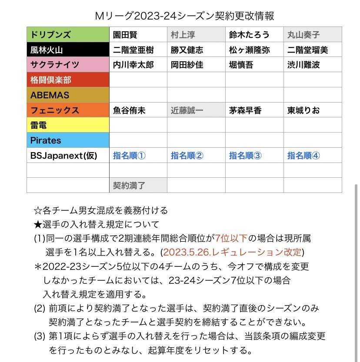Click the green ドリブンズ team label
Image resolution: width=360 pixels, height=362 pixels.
pos(67,35)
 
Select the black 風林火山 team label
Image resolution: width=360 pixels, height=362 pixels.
pos(67,50)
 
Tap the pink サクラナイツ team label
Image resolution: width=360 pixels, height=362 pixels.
pos(67,65)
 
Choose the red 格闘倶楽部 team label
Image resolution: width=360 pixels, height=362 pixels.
pos(67,80)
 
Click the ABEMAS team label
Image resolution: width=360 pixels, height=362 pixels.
pos(67,95)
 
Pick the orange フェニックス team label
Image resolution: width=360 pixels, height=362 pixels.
pos(67,110)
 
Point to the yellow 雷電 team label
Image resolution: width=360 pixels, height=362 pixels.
pos(67,125)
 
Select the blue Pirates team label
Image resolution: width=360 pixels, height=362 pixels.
pos(67,140)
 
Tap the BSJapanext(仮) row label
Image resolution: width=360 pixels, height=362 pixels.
pos(67,156)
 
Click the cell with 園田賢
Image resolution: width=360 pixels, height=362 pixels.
pos(138,35)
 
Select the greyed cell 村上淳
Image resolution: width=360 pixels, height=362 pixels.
pos(196,35)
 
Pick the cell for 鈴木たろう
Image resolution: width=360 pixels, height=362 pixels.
pos(254,35)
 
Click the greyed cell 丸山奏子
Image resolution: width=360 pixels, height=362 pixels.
pos(312,35)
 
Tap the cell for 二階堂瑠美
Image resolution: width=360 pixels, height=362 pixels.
pos(312,50)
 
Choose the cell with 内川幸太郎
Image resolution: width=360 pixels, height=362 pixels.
pos(138,65)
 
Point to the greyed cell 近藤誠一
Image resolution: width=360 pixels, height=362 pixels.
pos(196,110)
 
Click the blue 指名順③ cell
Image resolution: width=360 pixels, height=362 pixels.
pos(254,156)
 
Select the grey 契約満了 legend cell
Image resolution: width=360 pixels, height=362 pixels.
pos(138,186)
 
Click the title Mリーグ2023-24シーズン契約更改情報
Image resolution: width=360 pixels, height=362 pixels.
pos(184,16)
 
